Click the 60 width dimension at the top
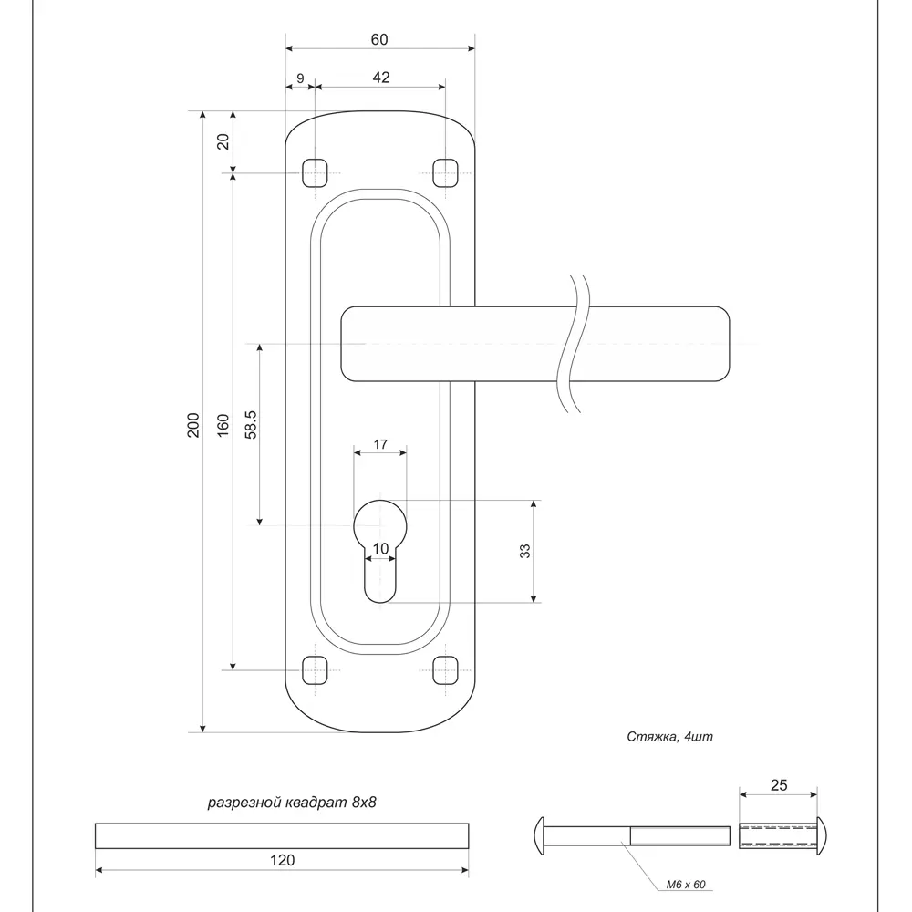tap(379, 39)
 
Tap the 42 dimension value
tap(381, 78)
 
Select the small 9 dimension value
tap(300, 78)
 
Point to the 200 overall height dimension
tap(193, 425)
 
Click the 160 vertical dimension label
tap(223, 426)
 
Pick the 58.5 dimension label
tap(251, 424)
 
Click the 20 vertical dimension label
tap(223, 141)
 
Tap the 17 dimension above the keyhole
tap(380, 444)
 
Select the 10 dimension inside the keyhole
tap(380, 548)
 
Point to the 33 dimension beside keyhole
tap(524, 551)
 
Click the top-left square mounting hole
tap(315, 172)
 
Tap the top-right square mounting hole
tap(446, 172)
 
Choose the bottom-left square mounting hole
tap(315, 670)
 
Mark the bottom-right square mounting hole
tap(446, 670)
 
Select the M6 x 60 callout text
tap(686, 884)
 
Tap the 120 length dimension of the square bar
tap(282, 860)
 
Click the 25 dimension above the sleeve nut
tap(779, 785)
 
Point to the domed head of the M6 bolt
tap(539, 835)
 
